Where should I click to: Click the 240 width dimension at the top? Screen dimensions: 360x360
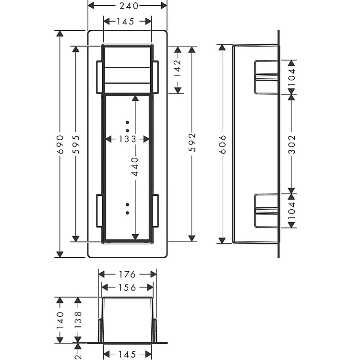[x=129, y=6]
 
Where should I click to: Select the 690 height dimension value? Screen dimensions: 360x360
[x=60, y=144]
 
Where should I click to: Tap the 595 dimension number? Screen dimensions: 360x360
[x=76, y=144]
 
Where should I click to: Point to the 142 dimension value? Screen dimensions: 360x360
[x=178, y=68]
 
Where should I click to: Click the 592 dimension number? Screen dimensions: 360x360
[x=192, y=143]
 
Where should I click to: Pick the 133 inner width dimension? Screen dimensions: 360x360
[x=127, y=139]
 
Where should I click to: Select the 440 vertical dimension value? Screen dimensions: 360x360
[x=135, y=167]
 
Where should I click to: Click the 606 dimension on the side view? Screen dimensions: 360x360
[x=222, y=144]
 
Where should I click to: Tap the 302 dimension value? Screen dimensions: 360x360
[x=291, y=144]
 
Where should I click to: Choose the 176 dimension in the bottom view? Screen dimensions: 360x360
[x=127, y=275]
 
